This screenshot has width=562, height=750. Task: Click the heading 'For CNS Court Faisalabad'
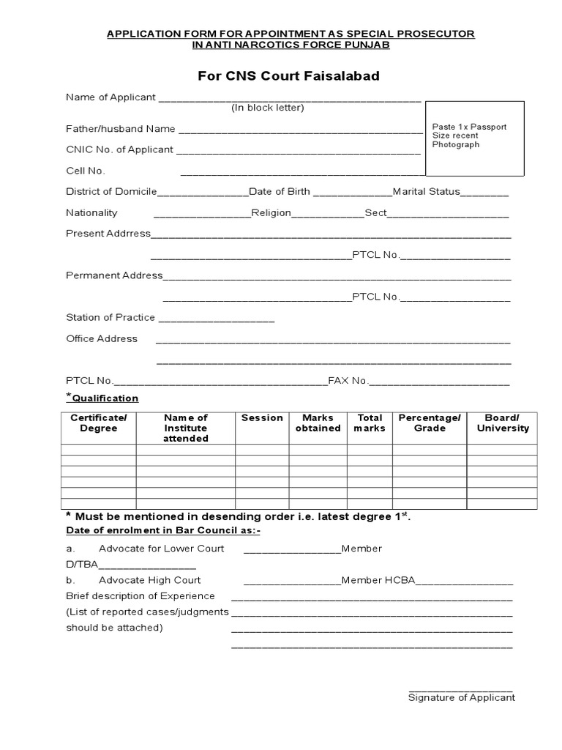(288, 76)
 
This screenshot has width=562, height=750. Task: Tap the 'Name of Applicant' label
(110, 97)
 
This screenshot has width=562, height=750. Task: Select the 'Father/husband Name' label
(121, 129)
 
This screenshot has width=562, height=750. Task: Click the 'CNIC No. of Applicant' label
(119, 149)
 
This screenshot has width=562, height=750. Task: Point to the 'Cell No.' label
(86, 171)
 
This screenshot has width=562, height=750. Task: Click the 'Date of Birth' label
(280, 192)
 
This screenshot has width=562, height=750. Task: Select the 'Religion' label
(271, 213)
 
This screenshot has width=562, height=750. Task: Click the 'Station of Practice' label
(110, 318)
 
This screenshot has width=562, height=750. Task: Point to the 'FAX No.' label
(348, 381)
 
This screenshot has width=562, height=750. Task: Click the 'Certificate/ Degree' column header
(98, 423)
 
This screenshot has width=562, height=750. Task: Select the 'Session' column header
(262, 418)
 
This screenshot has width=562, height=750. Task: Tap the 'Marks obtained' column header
(318, 423)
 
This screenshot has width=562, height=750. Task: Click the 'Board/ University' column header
(502, 423)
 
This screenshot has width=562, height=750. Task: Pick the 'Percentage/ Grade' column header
(430, 423)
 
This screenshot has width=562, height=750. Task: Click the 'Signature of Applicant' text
(461, 698)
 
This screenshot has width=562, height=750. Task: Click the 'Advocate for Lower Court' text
(161, 549)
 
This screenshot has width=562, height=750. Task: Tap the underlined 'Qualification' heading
(105, 398)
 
